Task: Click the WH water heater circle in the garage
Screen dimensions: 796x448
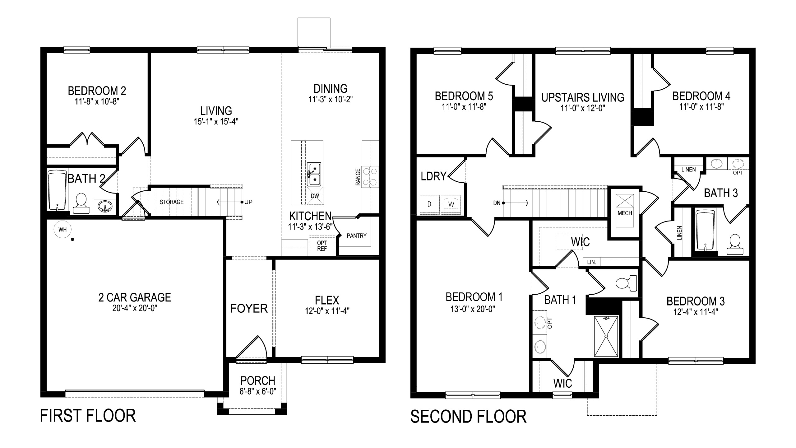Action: click(62, 230)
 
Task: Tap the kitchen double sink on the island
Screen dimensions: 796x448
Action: click(314, 175)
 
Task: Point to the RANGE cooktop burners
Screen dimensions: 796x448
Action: click(370, 176)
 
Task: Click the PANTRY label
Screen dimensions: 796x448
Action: click(357, 236)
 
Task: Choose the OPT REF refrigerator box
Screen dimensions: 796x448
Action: click(322, 246)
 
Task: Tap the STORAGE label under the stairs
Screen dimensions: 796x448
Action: click(172, 202)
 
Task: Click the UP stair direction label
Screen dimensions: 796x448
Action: click(248, 202)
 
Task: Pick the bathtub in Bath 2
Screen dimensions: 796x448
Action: click(58, 190)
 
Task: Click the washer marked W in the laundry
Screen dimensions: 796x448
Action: click(451, 204)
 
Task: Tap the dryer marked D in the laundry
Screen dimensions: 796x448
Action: click(429, 204)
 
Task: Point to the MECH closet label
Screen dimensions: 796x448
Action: click(625, 213)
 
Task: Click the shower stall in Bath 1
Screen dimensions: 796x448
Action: click(606, 336)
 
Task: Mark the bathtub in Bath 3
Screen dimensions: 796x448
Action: click(705, 230)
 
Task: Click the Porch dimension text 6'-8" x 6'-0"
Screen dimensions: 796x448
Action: click(258, 391)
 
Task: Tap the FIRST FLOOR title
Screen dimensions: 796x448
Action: click(88, 416)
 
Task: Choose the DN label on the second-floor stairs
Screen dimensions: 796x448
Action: click(497, 203)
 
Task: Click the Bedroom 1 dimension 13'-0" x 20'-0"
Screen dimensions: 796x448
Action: click(473, 309)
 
